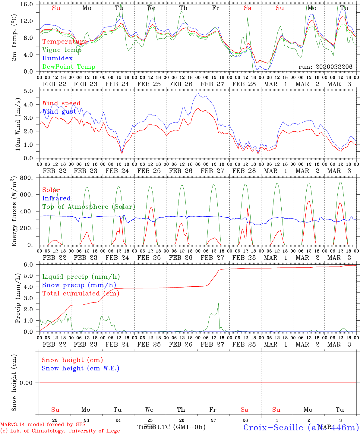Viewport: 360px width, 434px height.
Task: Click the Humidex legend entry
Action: point(57,58)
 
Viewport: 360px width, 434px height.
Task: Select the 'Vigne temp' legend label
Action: point(62,50)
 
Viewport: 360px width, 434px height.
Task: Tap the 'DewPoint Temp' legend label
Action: point(69,67)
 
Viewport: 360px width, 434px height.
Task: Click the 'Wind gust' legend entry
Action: point(59,112)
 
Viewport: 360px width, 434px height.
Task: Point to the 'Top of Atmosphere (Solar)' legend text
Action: point(89,207)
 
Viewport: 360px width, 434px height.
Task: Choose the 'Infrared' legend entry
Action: point(56,198)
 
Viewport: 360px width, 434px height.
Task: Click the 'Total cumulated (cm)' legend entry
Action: point(81,294)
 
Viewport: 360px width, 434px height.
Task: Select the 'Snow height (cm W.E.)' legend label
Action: point(81,368)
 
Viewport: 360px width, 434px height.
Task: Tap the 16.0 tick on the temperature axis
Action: point(29,4)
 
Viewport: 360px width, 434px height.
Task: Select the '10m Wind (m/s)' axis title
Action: point(17,124)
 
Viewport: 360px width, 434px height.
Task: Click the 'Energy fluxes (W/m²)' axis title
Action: point(14,212)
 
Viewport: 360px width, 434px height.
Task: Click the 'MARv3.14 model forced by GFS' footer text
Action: point(43,425)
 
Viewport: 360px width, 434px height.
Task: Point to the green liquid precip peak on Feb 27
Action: point(218,303)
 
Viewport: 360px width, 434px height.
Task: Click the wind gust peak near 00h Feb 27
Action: point(198,93)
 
